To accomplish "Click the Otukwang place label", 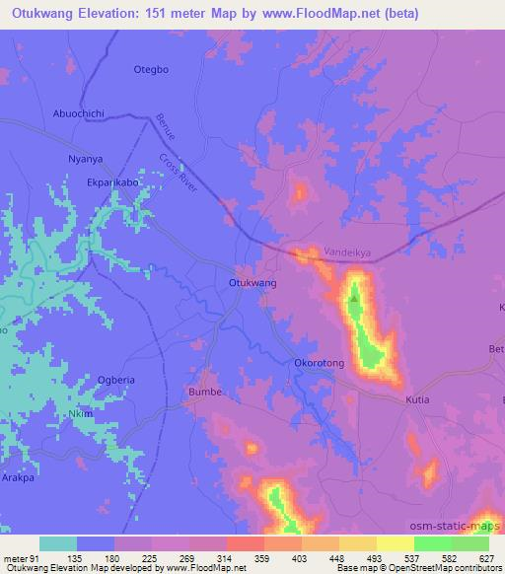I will pyautogui.click(x=252, y=282).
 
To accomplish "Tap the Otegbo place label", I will pyautogui.click(x=152, y=69).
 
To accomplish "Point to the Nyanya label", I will pyautogui.click(x=85, y=157).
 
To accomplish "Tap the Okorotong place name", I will pyautogui.click(x=320, y=363).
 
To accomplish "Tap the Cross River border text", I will pyautogui.click(x=179, y=173).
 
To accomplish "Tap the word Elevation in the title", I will pyautogui.click(x=113, y=14).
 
